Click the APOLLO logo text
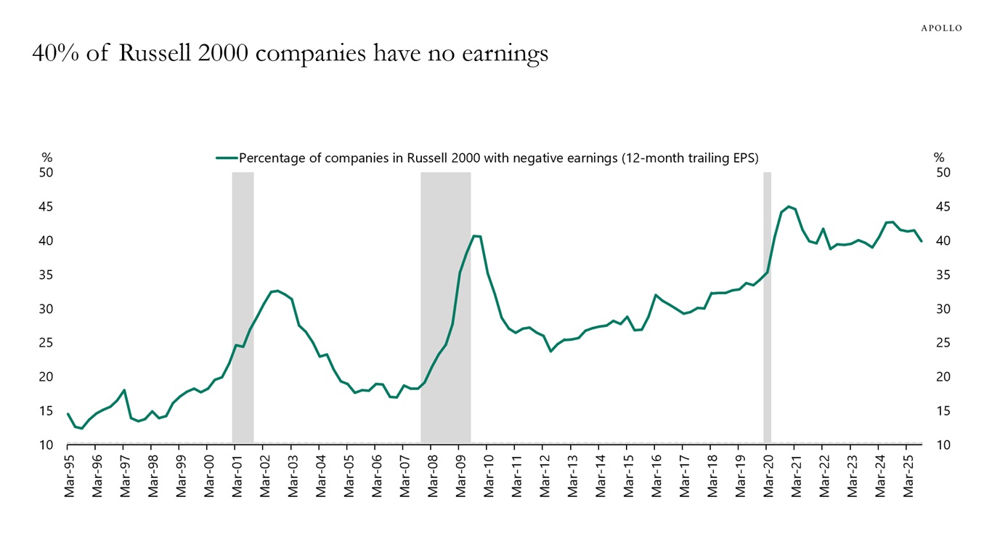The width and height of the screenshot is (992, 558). pyautogui.click(x=941, y=28)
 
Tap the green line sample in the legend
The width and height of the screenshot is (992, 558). pyautogui.click(x=227, y=158)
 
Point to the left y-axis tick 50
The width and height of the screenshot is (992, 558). pyautogui.click(x=46, y=173)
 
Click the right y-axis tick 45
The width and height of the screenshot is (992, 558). pyautogui.click(x=943, y=207)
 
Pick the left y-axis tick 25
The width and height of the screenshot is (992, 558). pyautogui.click(x=46, y=343)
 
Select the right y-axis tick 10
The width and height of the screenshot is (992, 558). pyautogui.click(x=943, y=445)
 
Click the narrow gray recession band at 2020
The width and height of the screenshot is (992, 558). pyautogui.click(x=767, y=305)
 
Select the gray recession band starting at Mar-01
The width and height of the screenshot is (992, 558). pyautogui.click(x=243, y=305)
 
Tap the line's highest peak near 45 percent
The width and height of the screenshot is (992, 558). pyautogui.click(x=789, y=206)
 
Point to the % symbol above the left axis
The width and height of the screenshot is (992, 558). pyautogui.click(x=46, y=158)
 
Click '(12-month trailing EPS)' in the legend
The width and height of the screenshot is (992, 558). pyautogui.click(x=690, y=158)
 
